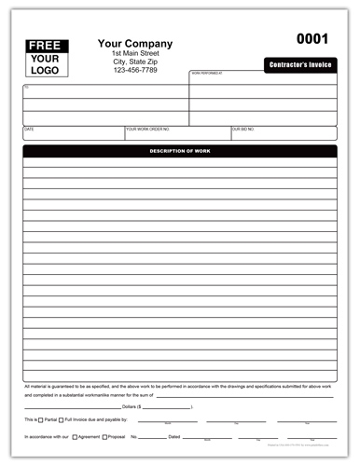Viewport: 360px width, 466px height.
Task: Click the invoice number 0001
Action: tap(312, 39)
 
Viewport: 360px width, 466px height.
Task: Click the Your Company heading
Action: tap(135, 43)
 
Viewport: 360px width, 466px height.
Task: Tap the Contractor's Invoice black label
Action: tap(299, 64)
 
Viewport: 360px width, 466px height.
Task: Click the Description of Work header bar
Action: tap(180, 151)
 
